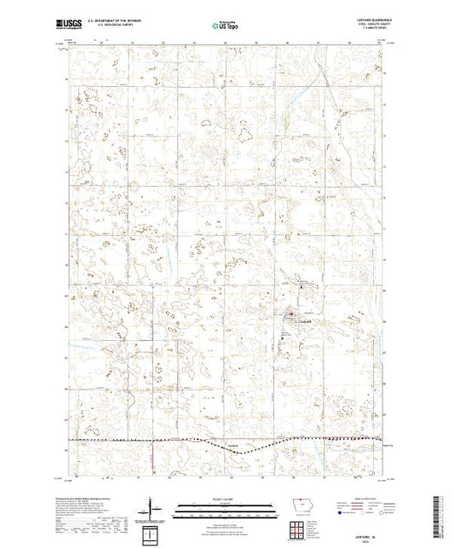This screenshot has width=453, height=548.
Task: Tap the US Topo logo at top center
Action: tap(226, 27)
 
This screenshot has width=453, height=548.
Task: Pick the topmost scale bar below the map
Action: tap(226, 504)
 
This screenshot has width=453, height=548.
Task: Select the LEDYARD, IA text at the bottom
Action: tap(370, 534)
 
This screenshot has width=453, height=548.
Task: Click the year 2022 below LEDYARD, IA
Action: tap(370, 539)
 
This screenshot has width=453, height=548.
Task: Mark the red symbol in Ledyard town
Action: tap(291, 314)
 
